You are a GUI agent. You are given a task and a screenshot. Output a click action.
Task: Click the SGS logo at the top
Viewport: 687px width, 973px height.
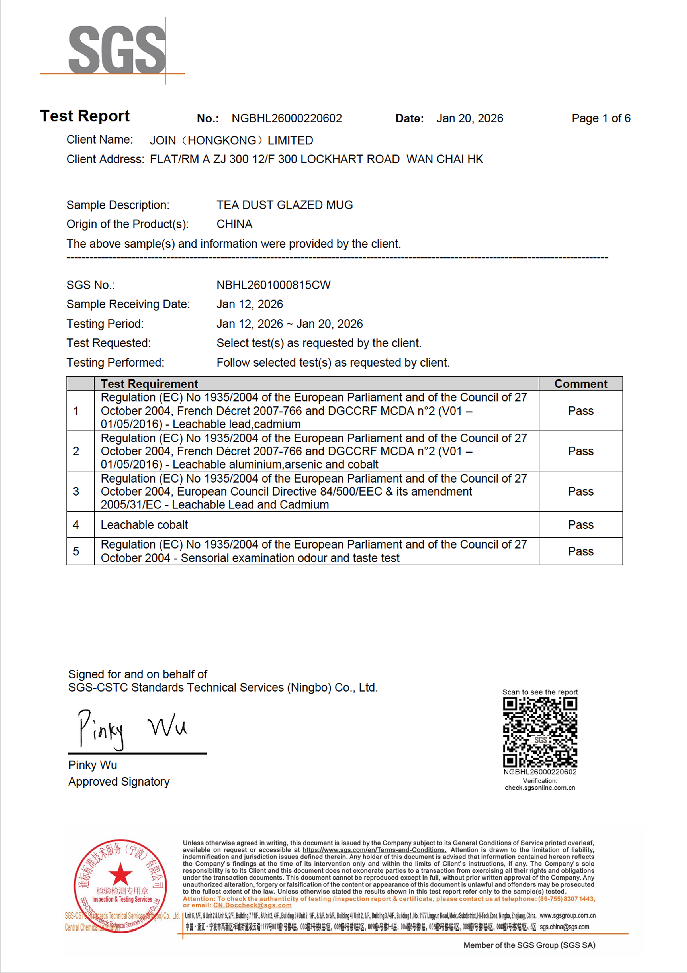[x=117, y=50]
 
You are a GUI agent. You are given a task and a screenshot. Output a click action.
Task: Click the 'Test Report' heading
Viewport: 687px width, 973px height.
[x=85, y=116]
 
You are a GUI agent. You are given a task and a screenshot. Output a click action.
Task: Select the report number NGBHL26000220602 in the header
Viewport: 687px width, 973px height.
[x=287, y=118]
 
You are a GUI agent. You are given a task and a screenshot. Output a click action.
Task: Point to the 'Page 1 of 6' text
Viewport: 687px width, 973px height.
[x=600, y=118]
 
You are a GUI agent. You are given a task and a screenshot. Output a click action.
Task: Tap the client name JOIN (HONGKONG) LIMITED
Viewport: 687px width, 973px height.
[x=231, y=140]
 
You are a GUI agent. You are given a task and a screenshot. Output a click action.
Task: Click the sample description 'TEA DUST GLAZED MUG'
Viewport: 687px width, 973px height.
[x=284, y=205]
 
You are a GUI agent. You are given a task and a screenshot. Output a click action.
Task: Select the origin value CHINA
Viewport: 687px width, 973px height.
[x=234, y=224]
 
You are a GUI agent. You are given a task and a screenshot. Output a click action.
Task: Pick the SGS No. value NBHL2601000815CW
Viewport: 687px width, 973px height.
[x=273, y=285]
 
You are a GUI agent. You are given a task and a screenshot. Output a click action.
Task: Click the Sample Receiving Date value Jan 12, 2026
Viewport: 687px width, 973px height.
[x=250, y=304]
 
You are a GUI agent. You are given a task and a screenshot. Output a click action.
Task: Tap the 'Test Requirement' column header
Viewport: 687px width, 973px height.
[x=149, y=383]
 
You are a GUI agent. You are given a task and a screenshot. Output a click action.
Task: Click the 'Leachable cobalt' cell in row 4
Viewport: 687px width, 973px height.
[x=144, y=525]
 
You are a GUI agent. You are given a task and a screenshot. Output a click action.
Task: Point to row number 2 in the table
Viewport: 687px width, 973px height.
[x=76, y=451]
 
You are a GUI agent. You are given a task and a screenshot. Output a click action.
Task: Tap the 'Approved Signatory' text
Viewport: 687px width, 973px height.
[x=119, y=782]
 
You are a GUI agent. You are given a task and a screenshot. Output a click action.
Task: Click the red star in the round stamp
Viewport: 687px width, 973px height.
[x=120, y=874]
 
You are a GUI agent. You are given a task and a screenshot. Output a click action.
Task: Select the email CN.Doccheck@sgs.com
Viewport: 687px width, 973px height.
[x=252, y=905]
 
